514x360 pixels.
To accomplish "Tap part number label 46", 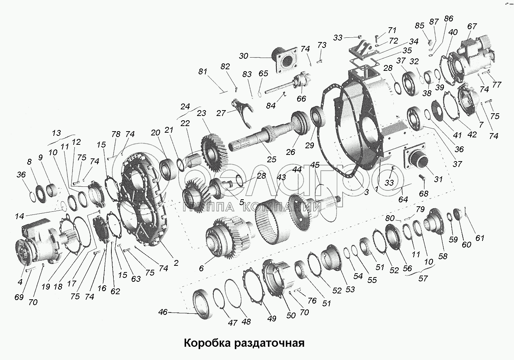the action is point(163,312).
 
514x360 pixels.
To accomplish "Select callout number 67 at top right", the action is point(472,27).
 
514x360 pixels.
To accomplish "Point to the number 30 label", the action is point(243,56).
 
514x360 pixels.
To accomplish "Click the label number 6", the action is point(201,268).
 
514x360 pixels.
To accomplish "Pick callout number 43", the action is point(281,177).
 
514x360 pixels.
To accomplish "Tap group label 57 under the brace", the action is point(423,278).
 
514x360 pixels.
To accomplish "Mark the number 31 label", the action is point(438,179).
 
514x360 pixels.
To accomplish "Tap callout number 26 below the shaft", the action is point(290,152).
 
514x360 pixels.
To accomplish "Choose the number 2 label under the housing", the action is point(176,263).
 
